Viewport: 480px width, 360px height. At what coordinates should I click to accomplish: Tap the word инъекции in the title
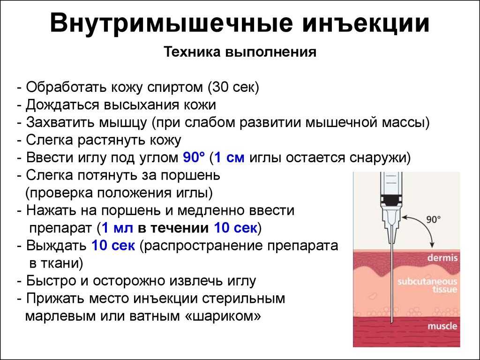[366, 23]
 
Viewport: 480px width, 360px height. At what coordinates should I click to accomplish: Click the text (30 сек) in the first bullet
[233, 87]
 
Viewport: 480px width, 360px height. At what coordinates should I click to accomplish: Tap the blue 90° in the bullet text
[194, 157]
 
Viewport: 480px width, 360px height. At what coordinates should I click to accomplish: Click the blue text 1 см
[229, 157]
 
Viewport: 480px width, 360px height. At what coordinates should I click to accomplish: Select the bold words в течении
[173, 228]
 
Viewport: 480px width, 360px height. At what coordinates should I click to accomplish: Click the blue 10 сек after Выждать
[113, 246]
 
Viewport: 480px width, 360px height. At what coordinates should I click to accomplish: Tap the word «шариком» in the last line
[223, 316]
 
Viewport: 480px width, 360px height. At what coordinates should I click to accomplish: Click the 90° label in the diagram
[434, 219]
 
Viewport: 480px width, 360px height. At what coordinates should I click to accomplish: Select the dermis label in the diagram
[442, 258]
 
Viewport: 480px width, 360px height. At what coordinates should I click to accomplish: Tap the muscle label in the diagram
[442, 326]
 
